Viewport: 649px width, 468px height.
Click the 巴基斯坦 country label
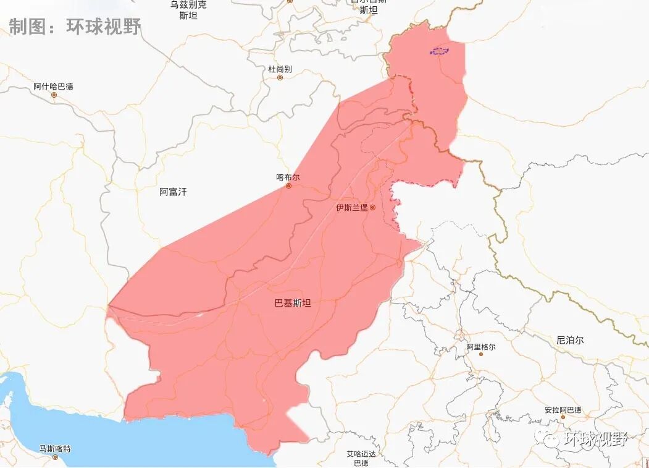pos(293,303)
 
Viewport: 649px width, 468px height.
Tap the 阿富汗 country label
pos(173,192)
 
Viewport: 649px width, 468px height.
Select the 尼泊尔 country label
pos(569,340)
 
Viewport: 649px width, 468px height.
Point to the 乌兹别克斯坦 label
pos(188,10)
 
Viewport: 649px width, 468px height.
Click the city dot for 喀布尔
pos(288,185)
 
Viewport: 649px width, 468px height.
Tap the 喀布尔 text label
pos(288,177)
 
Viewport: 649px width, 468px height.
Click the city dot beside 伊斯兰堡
pos(372,208)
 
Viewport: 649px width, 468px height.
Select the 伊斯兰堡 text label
pos(351,208)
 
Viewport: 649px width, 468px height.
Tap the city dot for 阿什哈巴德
pos(54,95)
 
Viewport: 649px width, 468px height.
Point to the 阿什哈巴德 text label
pos(53,86)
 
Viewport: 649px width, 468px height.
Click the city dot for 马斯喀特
pos(55,457)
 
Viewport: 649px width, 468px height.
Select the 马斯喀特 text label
pos(55,448)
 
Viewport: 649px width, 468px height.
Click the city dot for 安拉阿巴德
pos(563,418)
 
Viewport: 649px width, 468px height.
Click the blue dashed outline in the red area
pos(439,51)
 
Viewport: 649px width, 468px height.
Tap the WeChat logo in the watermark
pos(548,438)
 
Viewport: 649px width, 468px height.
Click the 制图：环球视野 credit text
pos(74,26)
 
